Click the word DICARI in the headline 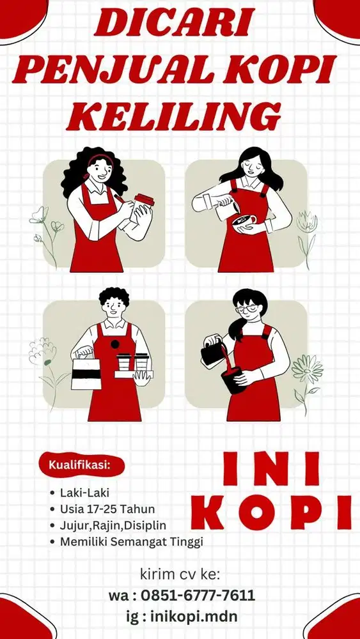(x=175, y=23)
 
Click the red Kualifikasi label (x=80, y=465)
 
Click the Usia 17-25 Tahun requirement (x=107, y=509)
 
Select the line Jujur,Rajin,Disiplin (x=113, y=526)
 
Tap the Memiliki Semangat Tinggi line (x=132, y=542)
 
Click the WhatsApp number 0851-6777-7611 (x=198, y=596)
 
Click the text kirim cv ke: (x=180, y=574)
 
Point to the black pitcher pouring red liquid (x=214, y=353)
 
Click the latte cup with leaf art (x=244, y=222)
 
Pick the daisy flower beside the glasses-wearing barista (x=307, y=369)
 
